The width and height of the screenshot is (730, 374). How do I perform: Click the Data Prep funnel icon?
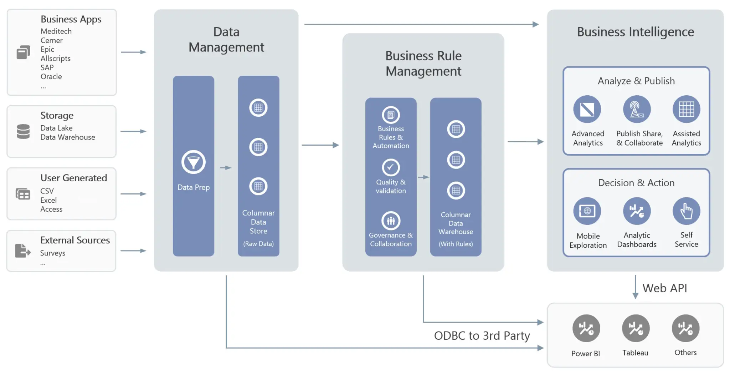pyautogui.click(x=194, y=162)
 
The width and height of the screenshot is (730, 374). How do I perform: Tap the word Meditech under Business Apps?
pyautogui.click(x=56, y=31)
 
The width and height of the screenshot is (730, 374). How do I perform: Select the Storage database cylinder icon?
pyautogui.click(x=23, y=131)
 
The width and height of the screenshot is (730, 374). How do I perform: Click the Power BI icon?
pyautogui.click(x=586, y=328)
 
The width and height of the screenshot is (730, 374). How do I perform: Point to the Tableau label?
pyautogui.click(x=635, y=353)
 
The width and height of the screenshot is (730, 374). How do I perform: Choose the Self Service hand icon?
pyautogui.click(x=686, y=211)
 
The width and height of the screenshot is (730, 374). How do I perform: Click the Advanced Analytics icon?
pyautogui.click(x=587, y=110)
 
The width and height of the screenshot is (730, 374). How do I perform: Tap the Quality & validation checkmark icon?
pyautogui.click(x=391, y=167)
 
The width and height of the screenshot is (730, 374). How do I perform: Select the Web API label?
pyautogui.click(x=664, y=288)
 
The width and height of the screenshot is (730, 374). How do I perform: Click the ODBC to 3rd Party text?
pyautogui.click(x=482, y=336)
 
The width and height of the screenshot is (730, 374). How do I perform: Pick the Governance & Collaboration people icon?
pyautogui.click(x=391, y=221)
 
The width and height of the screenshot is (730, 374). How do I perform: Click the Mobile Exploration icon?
pyautogui.click(x=587, y=211)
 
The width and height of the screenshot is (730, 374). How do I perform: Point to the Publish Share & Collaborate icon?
pyautogui.click(x=637, y=110)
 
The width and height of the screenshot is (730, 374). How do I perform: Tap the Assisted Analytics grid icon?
pyautogui.click(x=686, y=110)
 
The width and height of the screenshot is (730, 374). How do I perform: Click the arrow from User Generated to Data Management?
pyautogui.click(x=133, y=194)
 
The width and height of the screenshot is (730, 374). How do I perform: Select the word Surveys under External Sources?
pyautogui.click(x=52, y=253)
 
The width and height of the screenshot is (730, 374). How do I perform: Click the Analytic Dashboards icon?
pyautogui.click(x=637, y=211)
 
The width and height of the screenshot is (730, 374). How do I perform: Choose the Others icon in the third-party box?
pyautogui.click(x=685, y=328)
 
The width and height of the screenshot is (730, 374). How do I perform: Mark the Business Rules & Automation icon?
pyautogui.click(x=391, y=115)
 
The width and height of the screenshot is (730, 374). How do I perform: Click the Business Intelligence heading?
pyautogui.click(x=635, y=32)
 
